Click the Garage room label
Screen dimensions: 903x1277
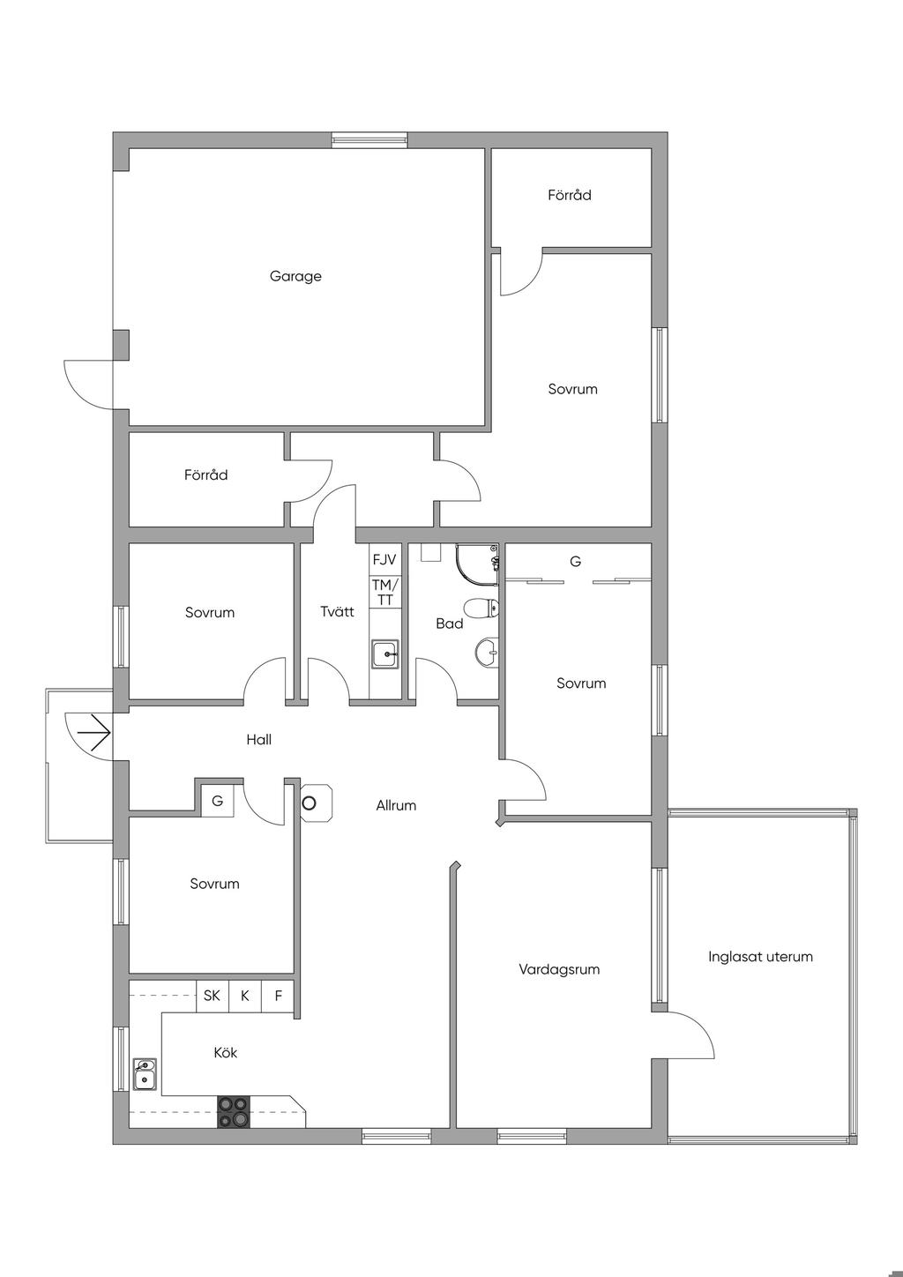[x=295, y=276]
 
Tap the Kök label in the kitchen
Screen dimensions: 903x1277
[x=225, y=1052]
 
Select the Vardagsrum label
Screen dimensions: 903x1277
[x=559, y=969]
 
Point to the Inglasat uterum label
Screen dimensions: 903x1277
[x=760, y=956]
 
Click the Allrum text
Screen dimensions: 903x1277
[x=396, y=805]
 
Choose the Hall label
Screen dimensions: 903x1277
[x=258, y=740]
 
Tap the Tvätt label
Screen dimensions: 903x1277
[x=337, y=611]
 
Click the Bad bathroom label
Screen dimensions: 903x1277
[x=449, y=624]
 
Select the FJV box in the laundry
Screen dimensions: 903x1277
[x=384, y=559]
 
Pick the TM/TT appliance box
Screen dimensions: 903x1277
[x=384, y=593]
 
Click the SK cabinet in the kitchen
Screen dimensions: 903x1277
[x=212, y=996]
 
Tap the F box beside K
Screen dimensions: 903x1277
[x=278, y=996]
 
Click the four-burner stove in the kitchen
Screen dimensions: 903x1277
[x=234, y=1112]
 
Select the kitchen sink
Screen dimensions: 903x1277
[x=145, y=1075]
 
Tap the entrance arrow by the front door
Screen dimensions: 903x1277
[x=93, y=731]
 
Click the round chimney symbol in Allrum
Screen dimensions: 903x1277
[x=310, y=803]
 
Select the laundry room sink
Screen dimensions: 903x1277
[x=384, y=654]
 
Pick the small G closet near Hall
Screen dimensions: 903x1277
[x=217, y=802]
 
